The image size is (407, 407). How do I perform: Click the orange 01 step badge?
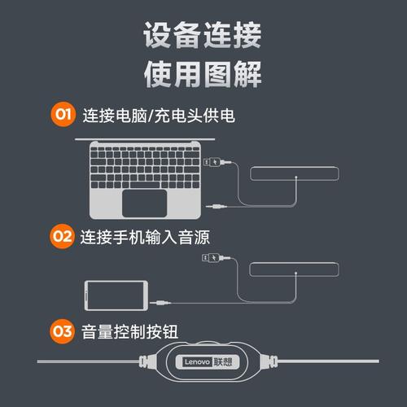(x=63, y=114)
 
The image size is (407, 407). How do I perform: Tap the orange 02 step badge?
(x=63, y=237)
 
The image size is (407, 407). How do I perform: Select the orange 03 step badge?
(x=63, y=330)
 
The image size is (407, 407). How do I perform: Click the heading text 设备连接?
(x=203, y=37)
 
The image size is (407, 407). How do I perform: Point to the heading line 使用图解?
(x=203, y=74)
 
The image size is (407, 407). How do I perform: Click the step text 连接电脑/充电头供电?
(x=159, y=115)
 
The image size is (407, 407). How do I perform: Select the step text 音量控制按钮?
(x=130, y=330)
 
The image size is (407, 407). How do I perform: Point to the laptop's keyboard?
(x=147, y=164)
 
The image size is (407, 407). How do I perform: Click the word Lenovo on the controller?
(x=197, y=361)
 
